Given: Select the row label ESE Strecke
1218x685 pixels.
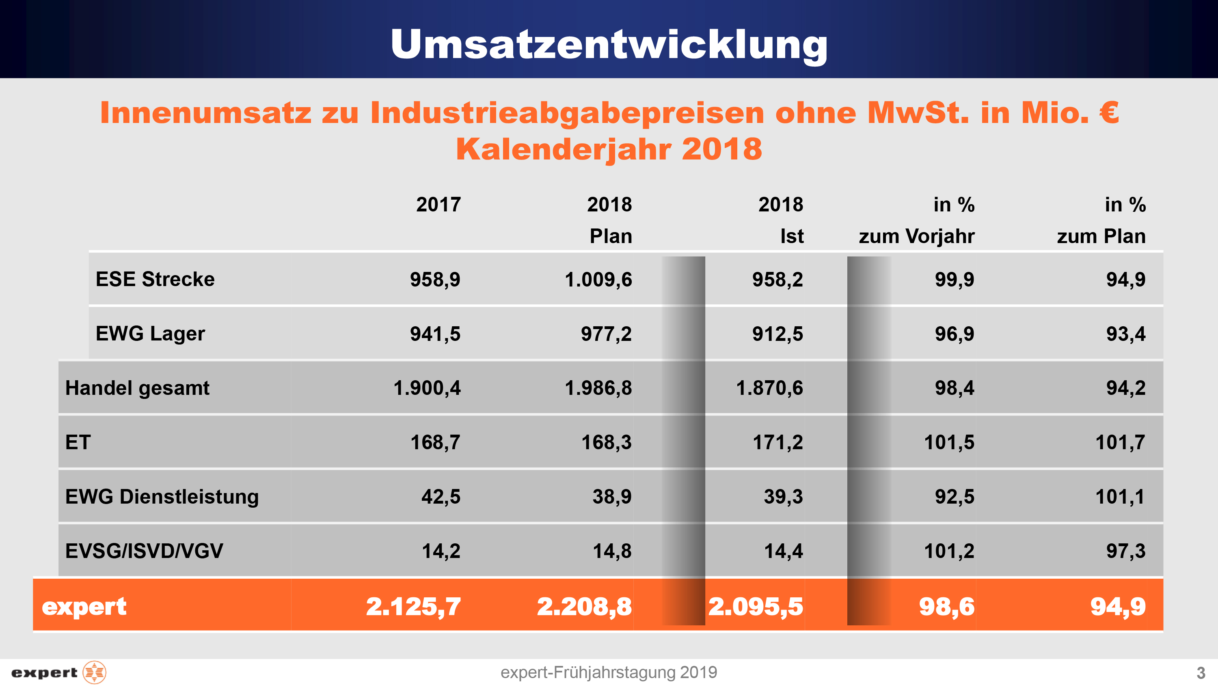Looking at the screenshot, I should click(155, 279).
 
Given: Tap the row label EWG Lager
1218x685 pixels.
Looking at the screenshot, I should click(150, 333).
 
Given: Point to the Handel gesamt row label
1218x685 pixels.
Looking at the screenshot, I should click(137, 388).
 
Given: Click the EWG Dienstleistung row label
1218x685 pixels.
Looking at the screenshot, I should click(162, 496).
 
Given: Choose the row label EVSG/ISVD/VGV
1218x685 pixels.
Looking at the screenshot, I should click(144, 551).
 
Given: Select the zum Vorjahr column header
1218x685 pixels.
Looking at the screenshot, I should click(916, 236).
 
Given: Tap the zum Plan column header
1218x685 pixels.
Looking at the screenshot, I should click(1101, 236).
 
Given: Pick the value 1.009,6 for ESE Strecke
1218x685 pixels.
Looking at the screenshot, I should click(598, 279).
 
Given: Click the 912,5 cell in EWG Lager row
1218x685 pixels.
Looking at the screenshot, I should click(777, 334).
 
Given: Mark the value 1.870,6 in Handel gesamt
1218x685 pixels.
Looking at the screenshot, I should click(769, 388).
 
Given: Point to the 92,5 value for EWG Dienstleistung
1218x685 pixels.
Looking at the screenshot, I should click(954, 497).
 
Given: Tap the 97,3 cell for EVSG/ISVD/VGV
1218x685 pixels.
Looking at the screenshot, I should click(1125, 551).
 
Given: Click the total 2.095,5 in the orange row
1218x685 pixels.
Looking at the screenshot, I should click(755, 607).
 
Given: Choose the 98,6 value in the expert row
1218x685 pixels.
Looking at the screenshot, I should click(947, 607).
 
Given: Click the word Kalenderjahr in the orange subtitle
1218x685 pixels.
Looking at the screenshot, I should click(563, 149).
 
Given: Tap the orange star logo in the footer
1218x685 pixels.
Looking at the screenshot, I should click(95, 672).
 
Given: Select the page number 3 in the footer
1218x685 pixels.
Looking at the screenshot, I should click(1201, 673).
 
